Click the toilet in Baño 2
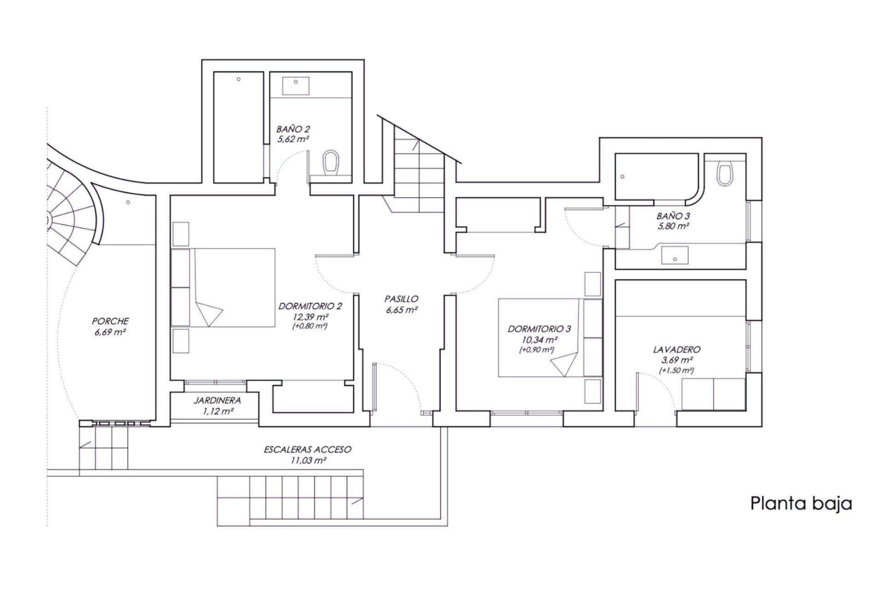(331, 163)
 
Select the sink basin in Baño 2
(296, 86)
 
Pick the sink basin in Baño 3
(675, 255)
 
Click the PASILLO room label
(401, 299)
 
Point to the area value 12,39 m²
(310, 317)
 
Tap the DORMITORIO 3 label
(539, 329)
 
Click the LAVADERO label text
(676, 350)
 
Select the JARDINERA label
(217, 401)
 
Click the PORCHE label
(110, 321)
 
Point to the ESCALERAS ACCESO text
(308, 449)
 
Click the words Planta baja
(801, 504)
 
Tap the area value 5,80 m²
(673, 226)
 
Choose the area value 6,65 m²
(401, 310)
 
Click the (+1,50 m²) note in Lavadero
(676, 370)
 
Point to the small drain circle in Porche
(128, 202)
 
